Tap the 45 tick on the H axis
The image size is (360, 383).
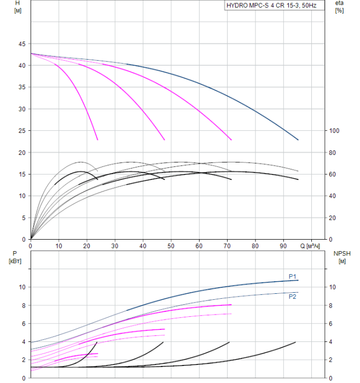point(22,44)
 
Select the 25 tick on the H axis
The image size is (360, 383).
point(22,131)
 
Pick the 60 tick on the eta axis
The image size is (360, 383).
point(334,174)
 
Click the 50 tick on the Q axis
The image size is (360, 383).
point(171,246)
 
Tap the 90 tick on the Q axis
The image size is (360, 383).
point(283,246)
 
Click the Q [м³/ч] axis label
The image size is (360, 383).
point(310,246)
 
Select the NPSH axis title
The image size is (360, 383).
point(340,257)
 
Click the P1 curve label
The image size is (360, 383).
point(293,276)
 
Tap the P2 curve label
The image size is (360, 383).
point(293,297)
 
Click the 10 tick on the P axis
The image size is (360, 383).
point(22,287)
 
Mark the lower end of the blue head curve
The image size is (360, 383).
point(298,140)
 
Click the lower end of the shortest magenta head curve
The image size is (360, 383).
point(97,140)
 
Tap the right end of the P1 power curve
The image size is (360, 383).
point(298,280)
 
